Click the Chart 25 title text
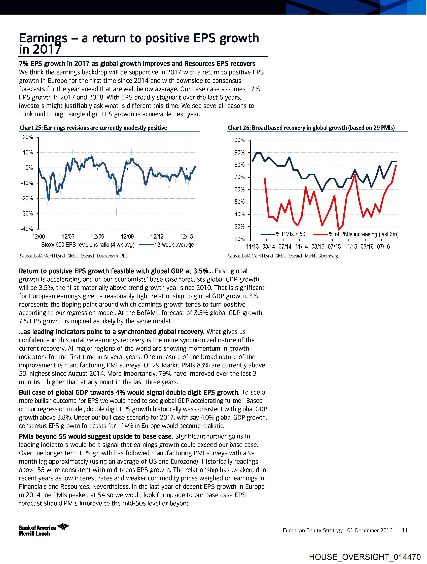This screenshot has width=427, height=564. (x=93, y=128)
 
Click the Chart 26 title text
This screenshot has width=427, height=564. (x=311, y=128)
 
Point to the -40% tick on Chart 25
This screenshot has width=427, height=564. (x=27, y=229)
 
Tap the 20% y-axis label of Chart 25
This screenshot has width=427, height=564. (x=28, y=137)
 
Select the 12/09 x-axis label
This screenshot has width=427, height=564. (x=127, y=237)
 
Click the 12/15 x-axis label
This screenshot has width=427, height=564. (x=187, y=237)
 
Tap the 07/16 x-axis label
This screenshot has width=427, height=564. (x=383, y=247)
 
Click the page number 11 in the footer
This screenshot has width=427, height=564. (x=405, y=530)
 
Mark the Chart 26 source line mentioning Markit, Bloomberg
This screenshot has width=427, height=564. (x=283, y=256)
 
